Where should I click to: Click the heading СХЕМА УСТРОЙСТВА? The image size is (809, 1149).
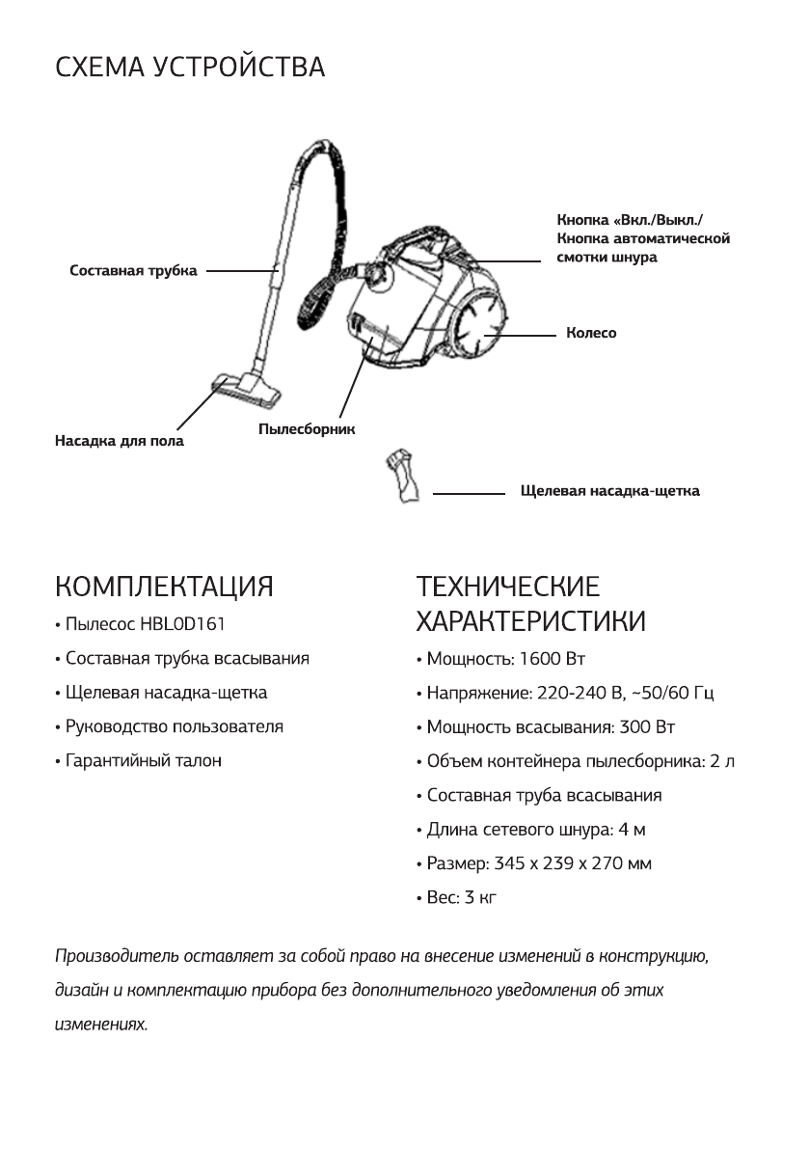click(190, 68)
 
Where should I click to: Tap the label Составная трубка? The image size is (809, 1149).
click(133, 271)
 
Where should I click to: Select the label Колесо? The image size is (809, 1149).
click(591, 333)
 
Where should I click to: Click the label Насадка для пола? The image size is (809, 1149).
click(119, 441)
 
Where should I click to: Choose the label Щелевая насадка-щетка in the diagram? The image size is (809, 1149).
click(609, 491)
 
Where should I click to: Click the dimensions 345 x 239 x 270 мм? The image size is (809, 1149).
click(577, 863)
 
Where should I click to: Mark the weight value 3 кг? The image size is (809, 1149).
click(479, 898)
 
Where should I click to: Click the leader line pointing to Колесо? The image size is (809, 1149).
click(525, 334)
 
